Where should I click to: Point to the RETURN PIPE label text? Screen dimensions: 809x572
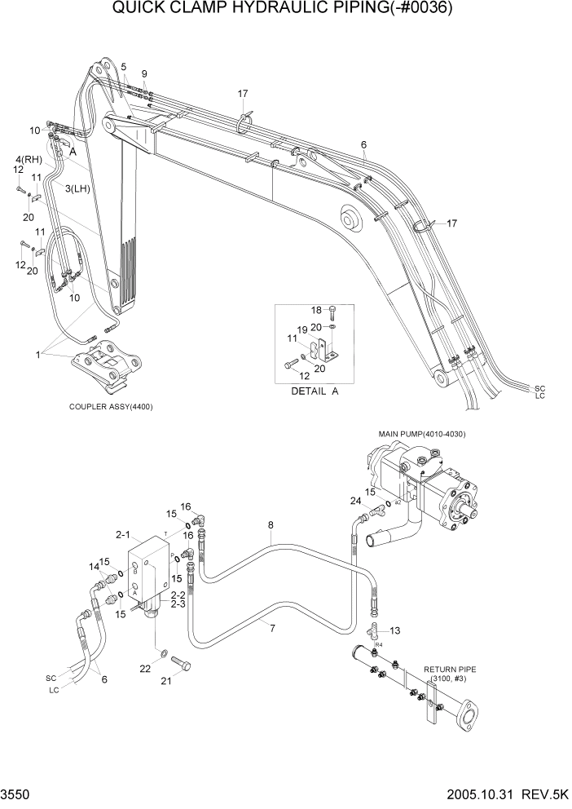[x=450, y=670]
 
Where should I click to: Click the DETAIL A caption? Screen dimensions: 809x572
[x=314, y=391]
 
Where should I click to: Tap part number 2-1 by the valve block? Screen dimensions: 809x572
[x=123, y=535]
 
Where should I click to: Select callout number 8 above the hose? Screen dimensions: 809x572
[x=271, y=526]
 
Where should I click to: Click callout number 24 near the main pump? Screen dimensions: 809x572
[x=356, y=502]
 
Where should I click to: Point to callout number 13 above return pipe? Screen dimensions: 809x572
[x=395, y=630]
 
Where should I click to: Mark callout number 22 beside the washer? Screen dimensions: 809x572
[x=145, y=668]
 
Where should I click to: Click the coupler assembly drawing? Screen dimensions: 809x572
[x=107, y=365]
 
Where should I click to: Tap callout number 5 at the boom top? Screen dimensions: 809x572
[x=123, y=66]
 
